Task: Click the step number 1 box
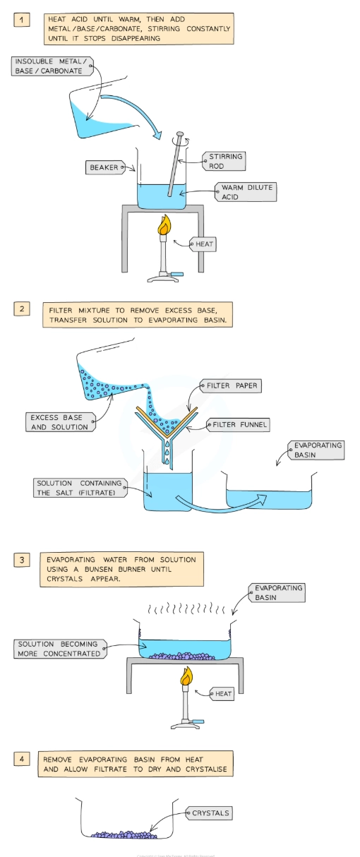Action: click(x=23, y=20)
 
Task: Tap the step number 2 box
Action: click(x=23, y=308)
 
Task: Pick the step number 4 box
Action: click(x=23, y=760)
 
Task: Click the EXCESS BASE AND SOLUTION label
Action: click(x=59, y=422)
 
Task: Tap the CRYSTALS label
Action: click(x=210, y=813)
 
